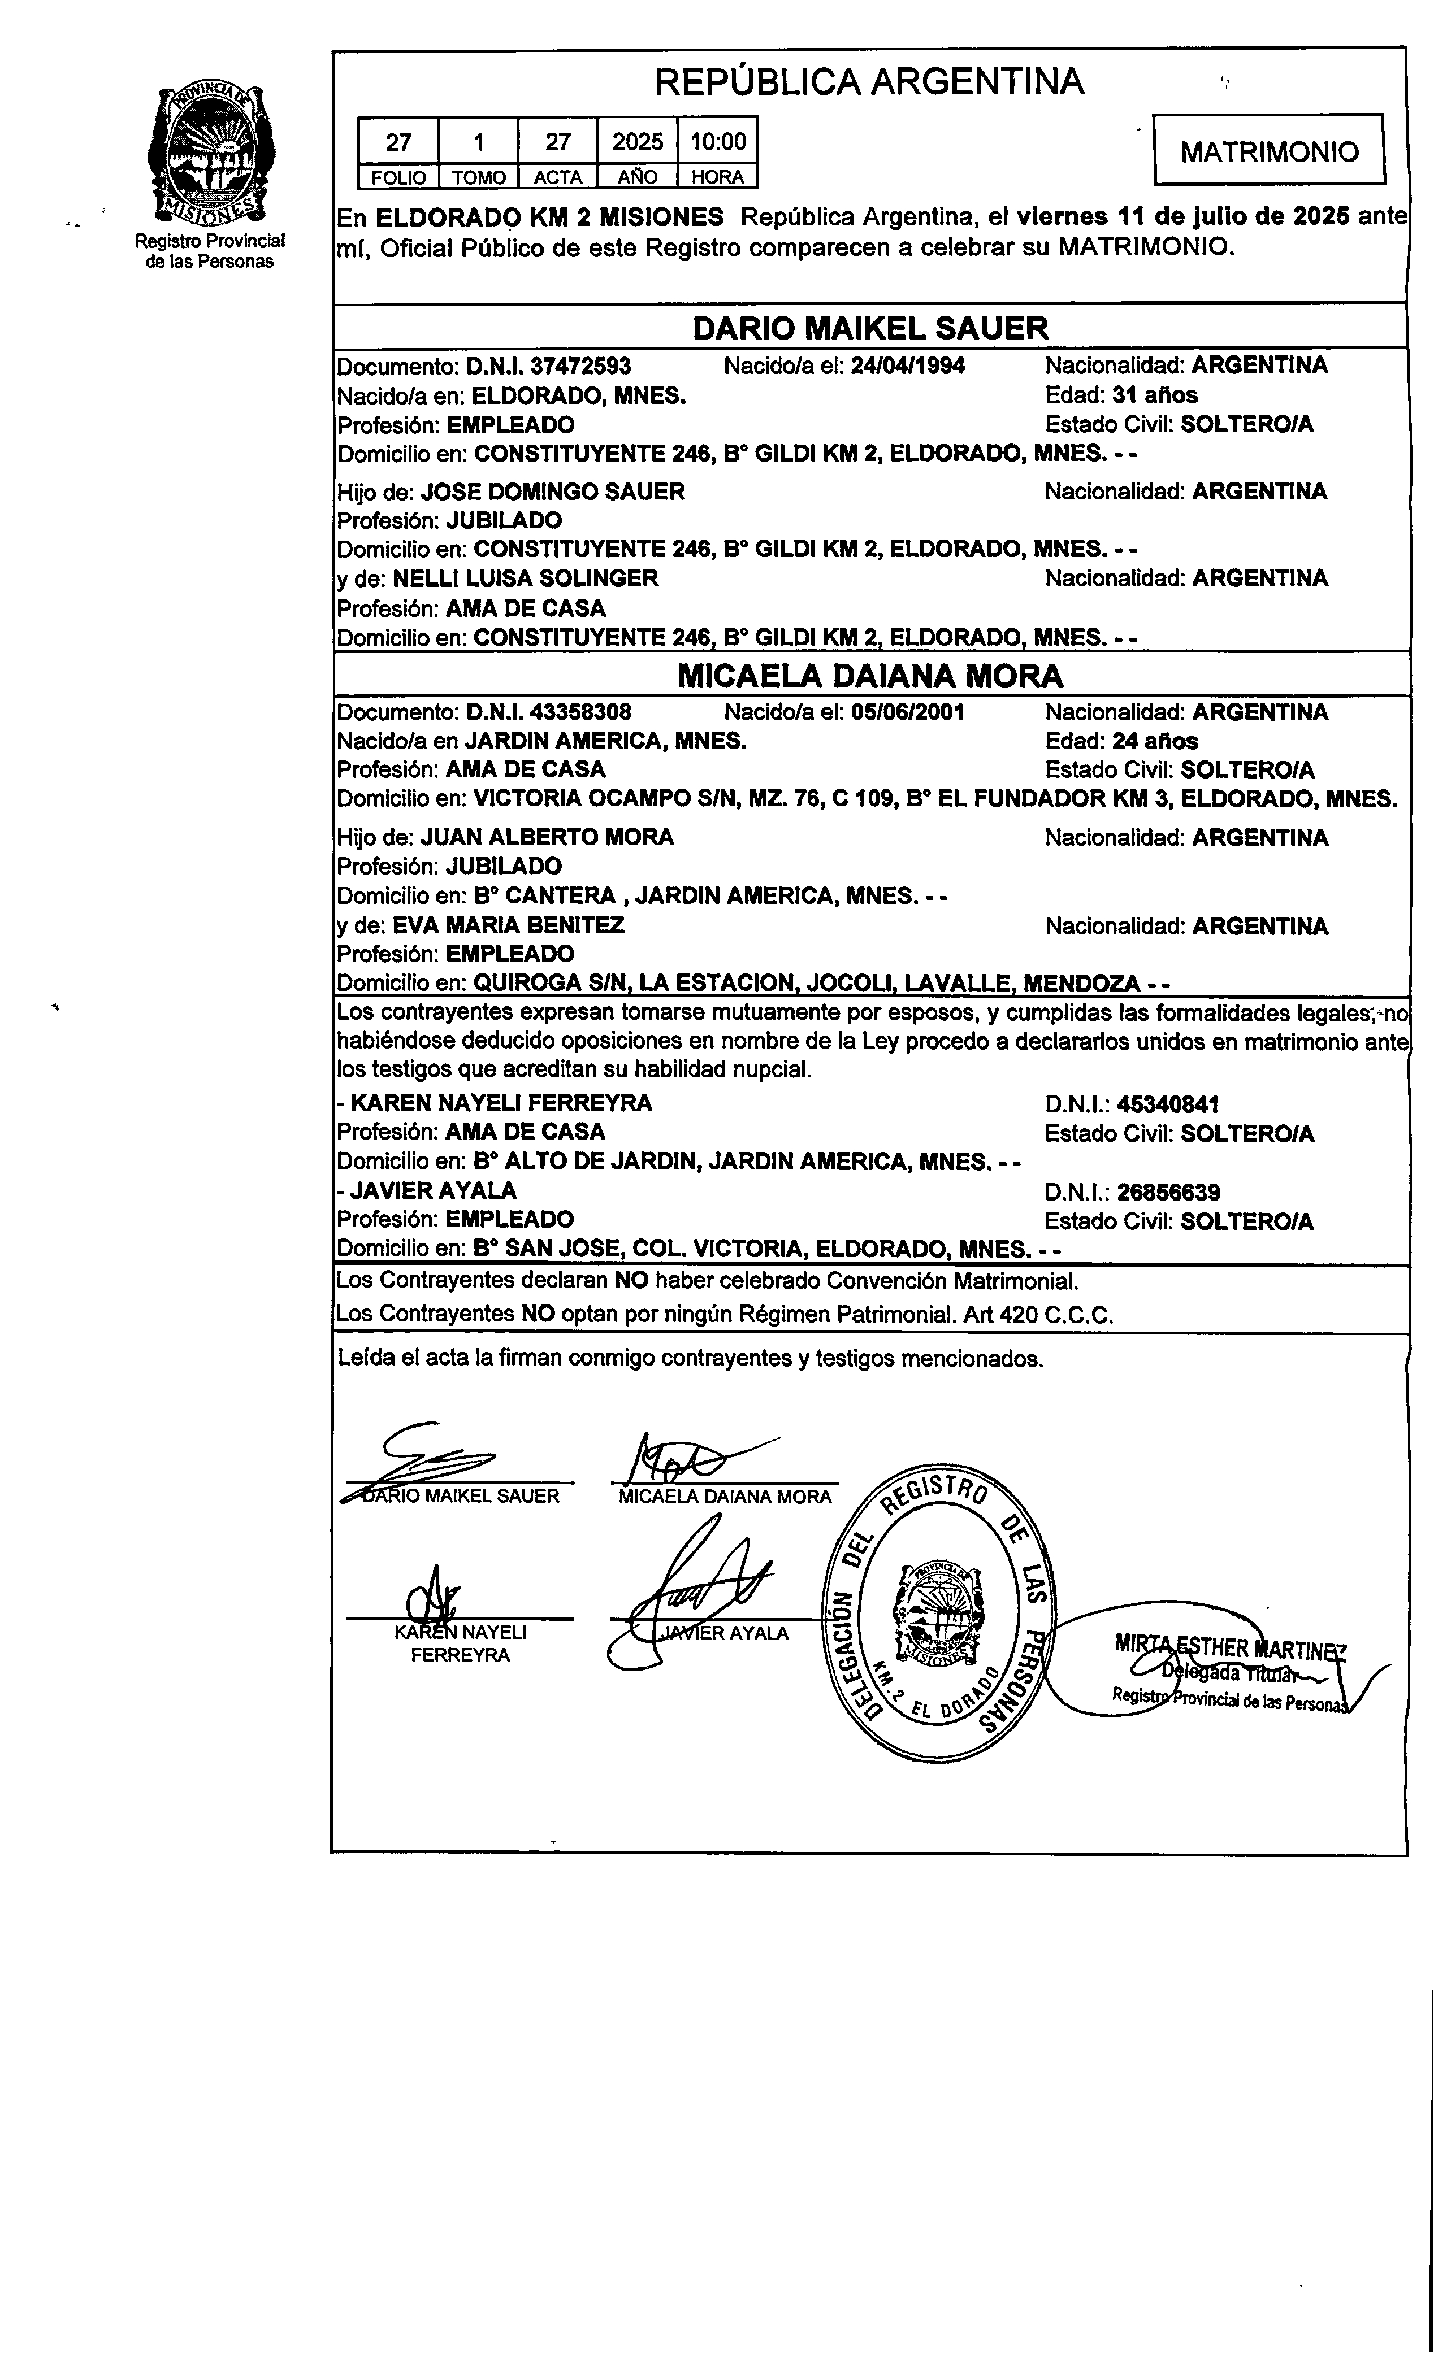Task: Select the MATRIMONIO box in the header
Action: tap(1269, 150)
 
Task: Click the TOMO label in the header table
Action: tap(478, 177)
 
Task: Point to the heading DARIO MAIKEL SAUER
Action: tap(870, 328)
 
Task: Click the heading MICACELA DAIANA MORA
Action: tap(870, 676)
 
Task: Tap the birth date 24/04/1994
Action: tap(908, 366)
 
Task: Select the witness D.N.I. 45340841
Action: tap(1168, 1104)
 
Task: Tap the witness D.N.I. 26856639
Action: tap(1168, 1193)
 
